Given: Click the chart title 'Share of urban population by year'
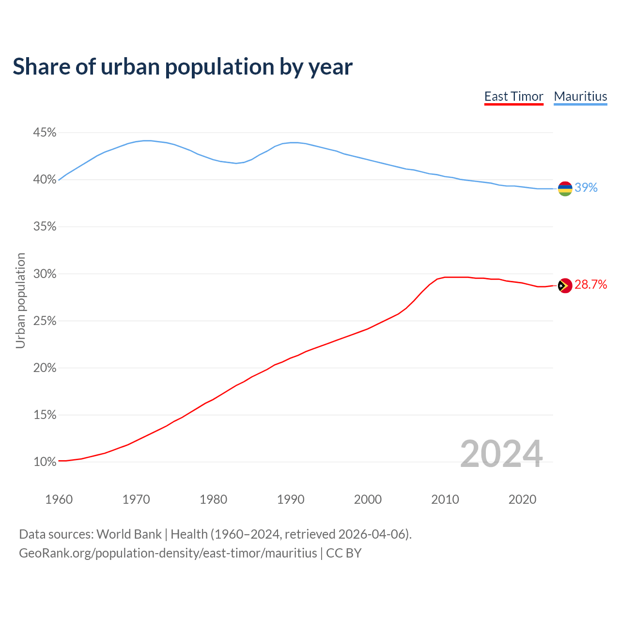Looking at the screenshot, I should [183, 67].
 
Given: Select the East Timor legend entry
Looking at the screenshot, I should [513, 96].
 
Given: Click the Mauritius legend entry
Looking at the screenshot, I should [580, 96].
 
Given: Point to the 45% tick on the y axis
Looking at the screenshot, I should [45, 133].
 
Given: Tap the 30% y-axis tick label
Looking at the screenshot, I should [45, 274].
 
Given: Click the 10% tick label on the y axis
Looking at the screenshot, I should [45, 462].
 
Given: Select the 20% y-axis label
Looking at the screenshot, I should [45, 368].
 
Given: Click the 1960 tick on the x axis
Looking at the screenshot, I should [59, 499].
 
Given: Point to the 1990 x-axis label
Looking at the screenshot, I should [291, 499].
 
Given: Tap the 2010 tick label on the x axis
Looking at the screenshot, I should [445, 499].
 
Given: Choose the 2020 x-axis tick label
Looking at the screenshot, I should [522, 499].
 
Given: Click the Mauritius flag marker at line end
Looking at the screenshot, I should [565, 188].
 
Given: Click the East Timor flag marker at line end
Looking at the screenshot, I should [565, 286].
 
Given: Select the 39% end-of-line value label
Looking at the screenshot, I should [586, 188].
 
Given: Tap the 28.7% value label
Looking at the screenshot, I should [591, 285].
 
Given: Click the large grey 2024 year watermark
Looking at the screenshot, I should [501, 454].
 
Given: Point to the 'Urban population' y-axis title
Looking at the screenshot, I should [20, 300].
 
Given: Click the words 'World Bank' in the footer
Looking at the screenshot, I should [129, 534].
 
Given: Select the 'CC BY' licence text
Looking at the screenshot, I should [344, 553].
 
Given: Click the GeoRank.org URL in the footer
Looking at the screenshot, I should [168, 553].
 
